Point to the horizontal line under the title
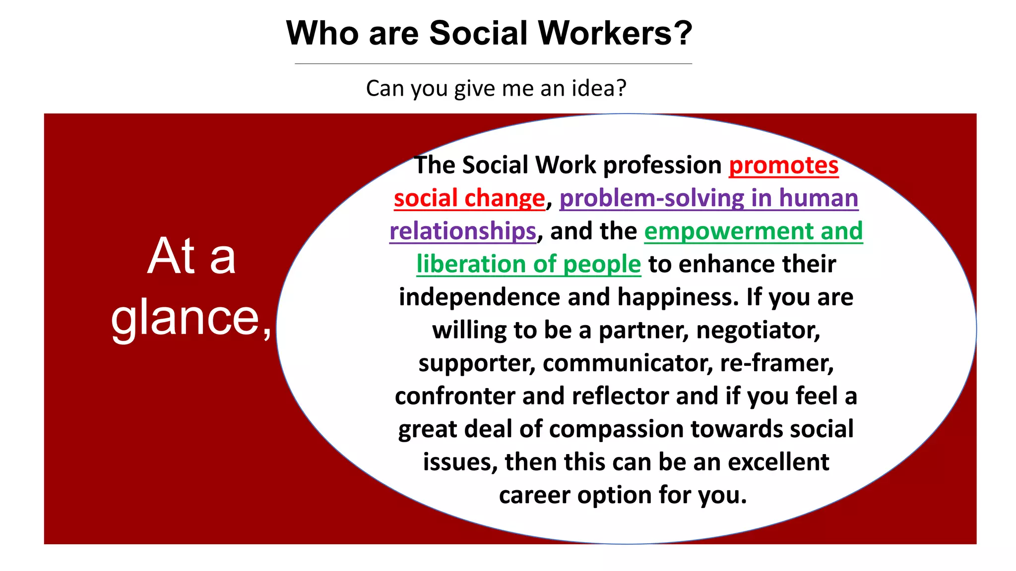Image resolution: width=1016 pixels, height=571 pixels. click(493, 64)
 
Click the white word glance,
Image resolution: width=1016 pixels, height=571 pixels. click(191, 318)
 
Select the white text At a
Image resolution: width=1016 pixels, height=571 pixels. click(191, 256)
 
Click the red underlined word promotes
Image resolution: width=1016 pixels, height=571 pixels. click(783, 165)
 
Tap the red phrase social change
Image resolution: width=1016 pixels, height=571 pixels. click(469, 198)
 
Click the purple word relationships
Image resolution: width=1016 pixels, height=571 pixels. click(463, 231)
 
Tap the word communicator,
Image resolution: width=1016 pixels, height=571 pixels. click(628, 363)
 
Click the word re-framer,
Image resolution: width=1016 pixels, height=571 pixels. click(777, 363)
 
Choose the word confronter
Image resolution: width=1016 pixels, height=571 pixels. click(454, 396)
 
